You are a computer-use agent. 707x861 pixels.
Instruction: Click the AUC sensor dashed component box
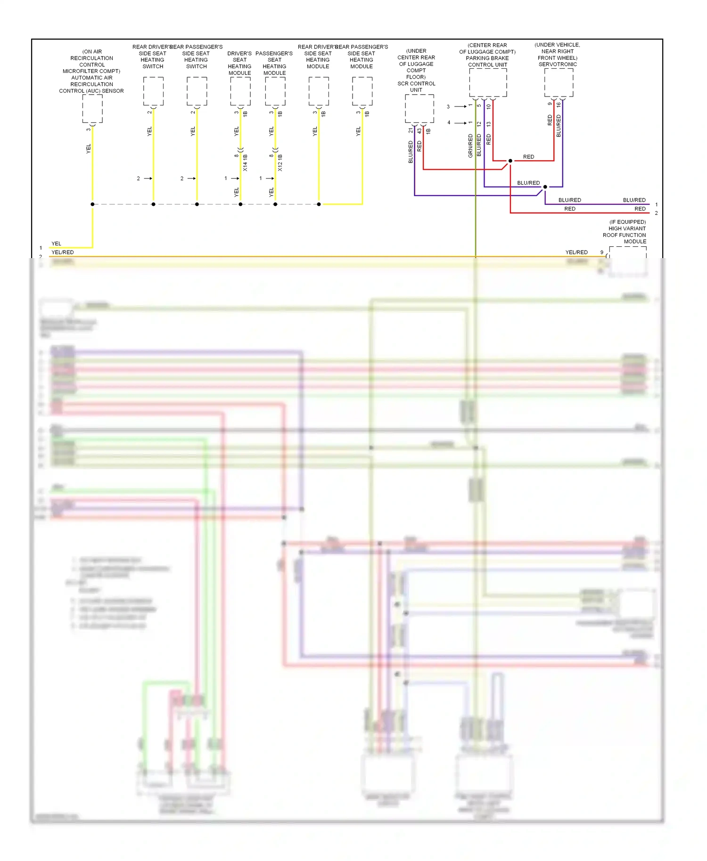(x=92, y=109)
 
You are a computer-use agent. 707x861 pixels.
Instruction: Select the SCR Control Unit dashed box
(x=419, y=109)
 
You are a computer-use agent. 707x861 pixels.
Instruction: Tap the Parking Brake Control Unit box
(x=488, y=82)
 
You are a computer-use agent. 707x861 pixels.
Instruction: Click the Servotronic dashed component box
(x=559, y=82)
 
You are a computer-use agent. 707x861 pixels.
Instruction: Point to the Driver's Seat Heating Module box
(x=240, y=91)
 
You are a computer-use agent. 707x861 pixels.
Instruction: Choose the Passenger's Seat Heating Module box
(x=275, y=91)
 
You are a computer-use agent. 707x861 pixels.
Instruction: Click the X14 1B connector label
(x=245, y=162)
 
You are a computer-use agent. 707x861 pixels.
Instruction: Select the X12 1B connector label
(x=280, y=162)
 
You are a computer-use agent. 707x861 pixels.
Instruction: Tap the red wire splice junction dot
(x=510, y=161)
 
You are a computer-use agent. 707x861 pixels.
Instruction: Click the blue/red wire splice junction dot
(x=545, y=187)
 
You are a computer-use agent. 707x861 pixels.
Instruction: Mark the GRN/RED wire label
(x=470, y=146)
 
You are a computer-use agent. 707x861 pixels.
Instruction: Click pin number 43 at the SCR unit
(x=419, y=130)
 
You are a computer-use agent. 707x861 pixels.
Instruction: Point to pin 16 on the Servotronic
(x=559, y=105)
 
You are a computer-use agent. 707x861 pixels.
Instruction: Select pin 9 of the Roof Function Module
(x=601, y=252)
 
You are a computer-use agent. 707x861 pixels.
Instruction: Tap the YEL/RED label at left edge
(x=62, y=252)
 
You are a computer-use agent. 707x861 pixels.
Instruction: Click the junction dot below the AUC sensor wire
(x=92, y=204)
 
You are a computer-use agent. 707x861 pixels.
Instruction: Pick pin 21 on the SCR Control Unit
(x=410, y=130)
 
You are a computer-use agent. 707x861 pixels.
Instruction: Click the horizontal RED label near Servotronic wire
(x=528, y=157)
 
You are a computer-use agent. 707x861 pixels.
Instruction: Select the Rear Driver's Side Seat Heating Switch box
(x=153, y=91)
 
